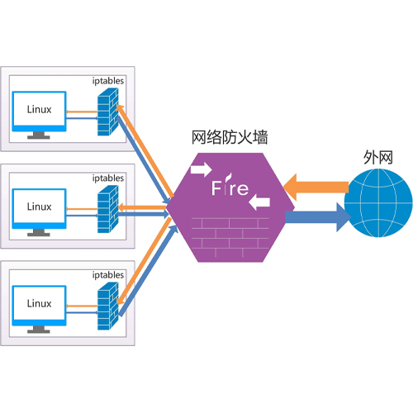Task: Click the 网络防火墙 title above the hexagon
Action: coord(230,137)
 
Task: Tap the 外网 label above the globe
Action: coord(378,158)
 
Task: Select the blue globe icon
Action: coord(378,203)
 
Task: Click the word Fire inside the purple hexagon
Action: coord(230,186)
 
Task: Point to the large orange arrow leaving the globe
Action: coord(316,188)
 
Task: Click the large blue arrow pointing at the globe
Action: coord(318,217)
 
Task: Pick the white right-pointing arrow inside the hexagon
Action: coord(202,169)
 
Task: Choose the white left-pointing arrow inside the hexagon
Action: coord(259,202)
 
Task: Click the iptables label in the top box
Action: coord(108,81)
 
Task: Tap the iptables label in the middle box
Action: coord(108,178)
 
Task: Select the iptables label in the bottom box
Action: coord(108,275)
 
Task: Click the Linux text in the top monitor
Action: coord(39,109)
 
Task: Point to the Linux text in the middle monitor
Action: coord(39,206)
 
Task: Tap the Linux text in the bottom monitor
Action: coord(39,303)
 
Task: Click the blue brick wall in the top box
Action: coord(108,112)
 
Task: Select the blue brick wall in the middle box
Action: coord(108,209)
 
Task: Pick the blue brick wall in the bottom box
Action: coord(108,306)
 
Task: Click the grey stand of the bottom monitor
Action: coord(39,330)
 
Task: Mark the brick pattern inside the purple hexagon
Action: coord(230,237)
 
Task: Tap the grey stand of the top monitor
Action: coord(39,135)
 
